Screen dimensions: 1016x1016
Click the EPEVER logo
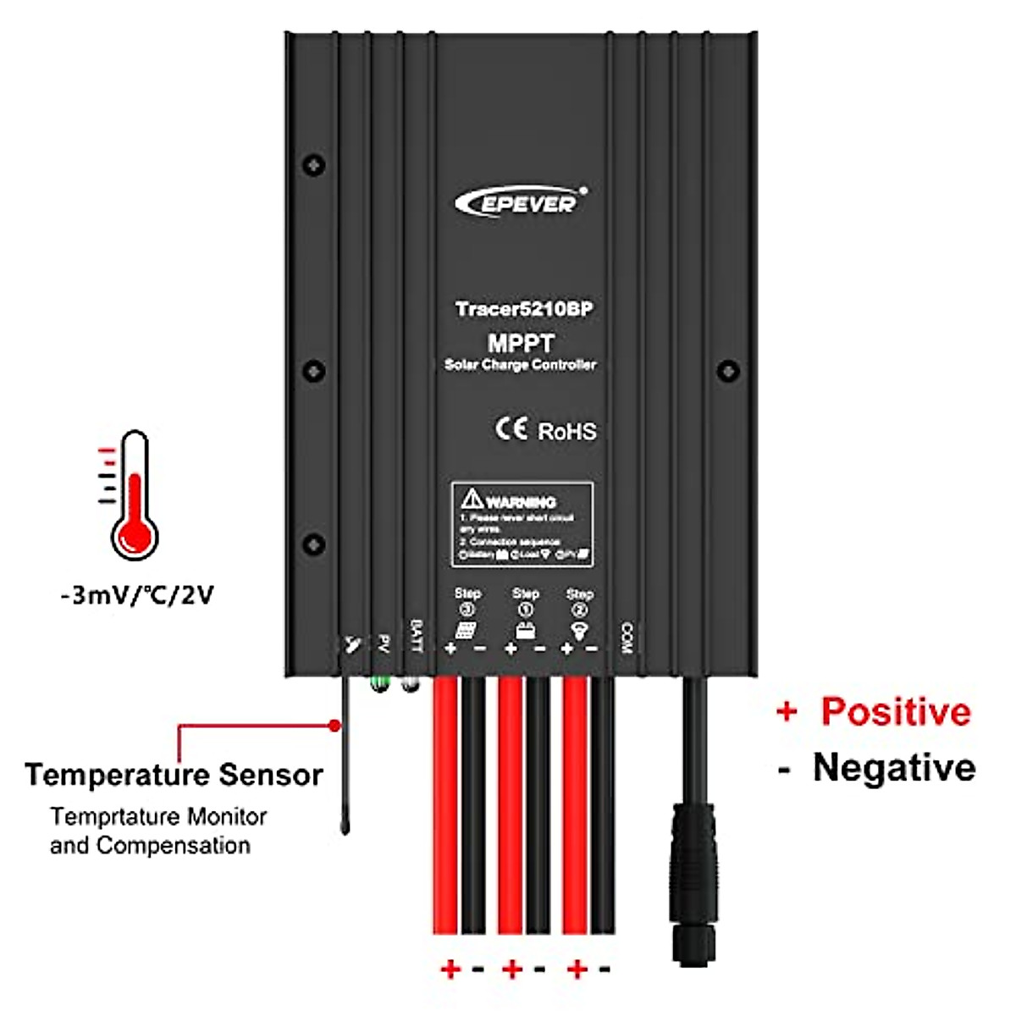click(x=520, y=202)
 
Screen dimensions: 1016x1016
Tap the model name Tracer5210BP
click(x=523, y=309)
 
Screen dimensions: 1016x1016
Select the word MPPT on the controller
click(x=521, y=344)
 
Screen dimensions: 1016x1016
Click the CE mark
click(x=511, y=428)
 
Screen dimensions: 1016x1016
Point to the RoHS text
click(x=567, y=431)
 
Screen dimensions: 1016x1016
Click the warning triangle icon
click(x=472, y=499)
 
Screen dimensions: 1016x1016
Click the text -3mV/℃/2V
click(x=137, y=595)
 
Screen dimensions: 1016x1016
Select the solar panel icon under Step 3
click(x=466, y=630)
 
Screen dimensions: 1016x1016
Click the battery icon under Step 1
click(x=525, y=631)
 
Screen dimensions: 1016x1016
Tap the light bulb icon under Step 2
click(x=579, y=631)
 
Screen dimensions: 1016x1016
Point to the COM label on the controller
click(x=627, y=638)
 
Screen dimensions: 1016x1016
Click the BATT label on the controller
click(x=416, y=636)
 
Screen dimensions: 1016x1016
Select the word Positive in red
click(x=896, y=711)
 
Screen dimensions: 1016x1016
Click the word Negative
click(x=894, y=768)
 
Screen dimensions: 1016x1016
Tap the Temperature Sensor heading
click(x=174, y=775)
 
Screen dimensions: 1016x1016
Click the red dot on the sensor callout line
click(x=335, y=726)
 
